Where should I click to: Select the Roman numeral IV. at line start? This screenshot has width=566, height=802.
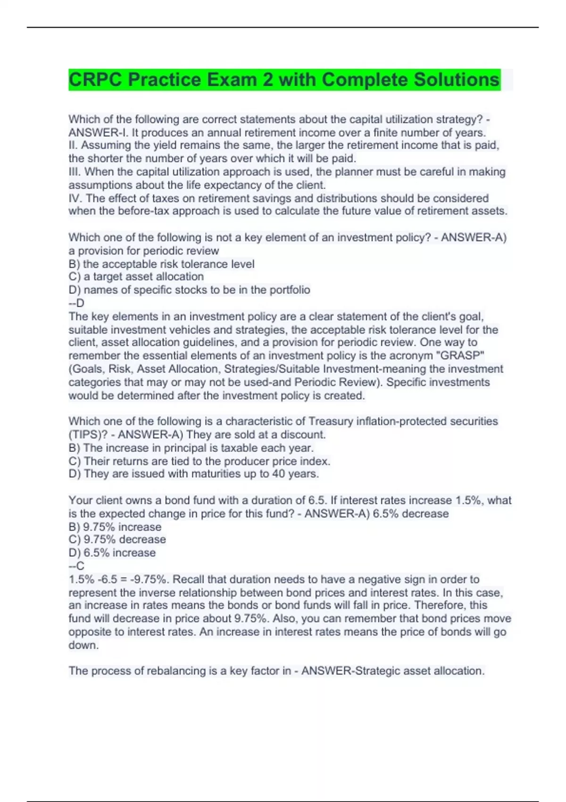tap(76, 198)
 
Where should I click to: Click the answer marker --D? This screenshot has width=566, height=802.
tap(76, 303)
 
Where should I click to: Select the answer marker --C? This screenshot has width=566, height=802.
tap(76, 566)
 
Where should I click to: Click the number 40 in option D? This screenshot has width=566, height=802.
tap(278, 474)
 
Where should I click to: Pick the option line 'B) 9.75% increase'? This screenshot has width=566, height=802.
tap(115, 526)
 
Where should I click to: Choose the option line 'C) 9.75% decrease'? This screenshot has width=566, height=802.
tap(117, 539)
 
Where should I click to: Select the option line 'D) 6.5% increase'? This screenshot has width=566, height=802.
tap(112, 552)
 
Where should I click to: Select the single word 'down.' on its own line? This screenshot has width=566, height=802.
tap(83, 645)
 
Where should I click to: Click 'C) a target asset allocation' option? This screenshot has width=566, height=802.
tap(136, 276)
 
